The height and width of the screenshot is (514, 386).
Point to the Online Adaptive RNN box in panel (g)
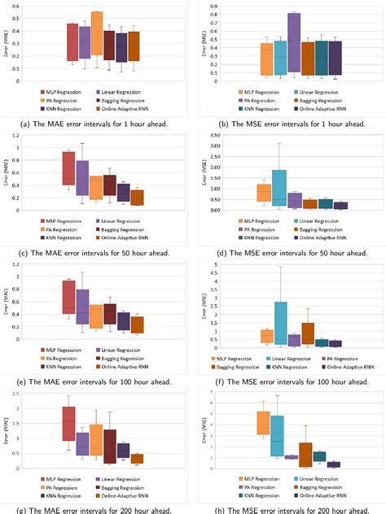pos(138,459)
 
